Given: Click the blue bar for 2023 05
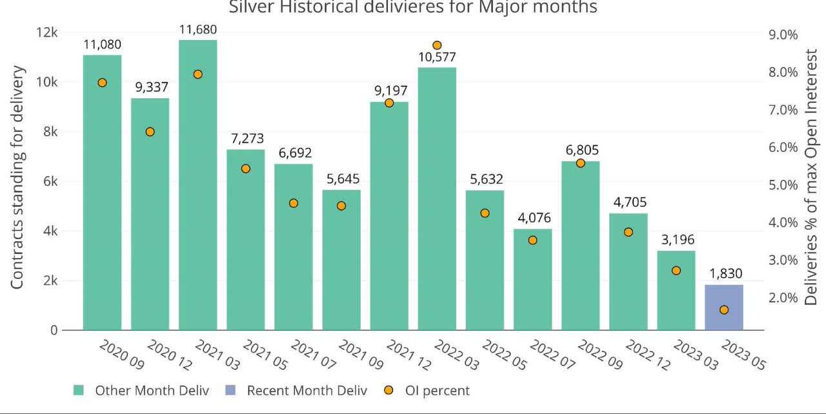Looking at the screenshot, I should coord(723,307).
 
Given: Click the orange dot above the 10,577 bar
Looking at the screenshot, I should coord(437,45).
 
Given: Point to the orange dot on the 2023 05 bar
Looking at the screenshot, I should coord(724,310).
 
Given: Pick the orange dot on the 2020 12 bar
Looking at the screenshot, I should coord(150,132).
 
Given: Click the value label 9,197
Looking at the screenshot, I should coord(389,91).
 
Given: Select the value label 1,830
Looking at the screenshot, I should coord(724,274).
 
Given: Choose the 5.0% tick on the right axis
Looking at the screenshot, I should coord(781,185).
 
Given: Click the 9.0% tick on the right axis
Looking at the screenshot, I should coord(781,34).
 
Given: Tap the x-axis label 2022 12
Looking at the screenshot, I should coord(647,355).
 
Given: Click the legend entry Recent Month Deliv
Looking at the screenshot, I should coord(307,391).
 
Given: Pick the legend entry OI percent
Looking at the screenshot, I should coord(437,391).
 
